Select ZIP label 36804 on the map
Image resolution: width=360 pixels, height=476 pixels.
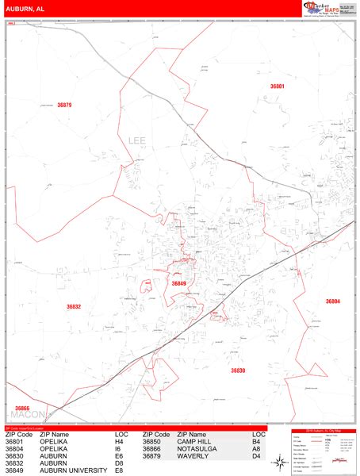point(332,301)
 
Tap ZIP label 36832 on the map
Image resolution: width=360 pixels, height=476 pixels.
point(74,306)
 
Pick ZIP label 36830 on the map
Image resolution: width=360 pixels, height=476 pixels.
point(238,370)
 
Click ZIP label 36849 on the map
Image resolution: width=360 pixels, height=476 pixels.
point(178,283)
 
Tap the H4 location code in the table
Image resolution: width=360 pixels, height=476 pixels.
point(121,442)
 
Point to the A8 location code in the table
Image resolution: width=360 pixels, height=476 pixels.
point(257,449)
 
